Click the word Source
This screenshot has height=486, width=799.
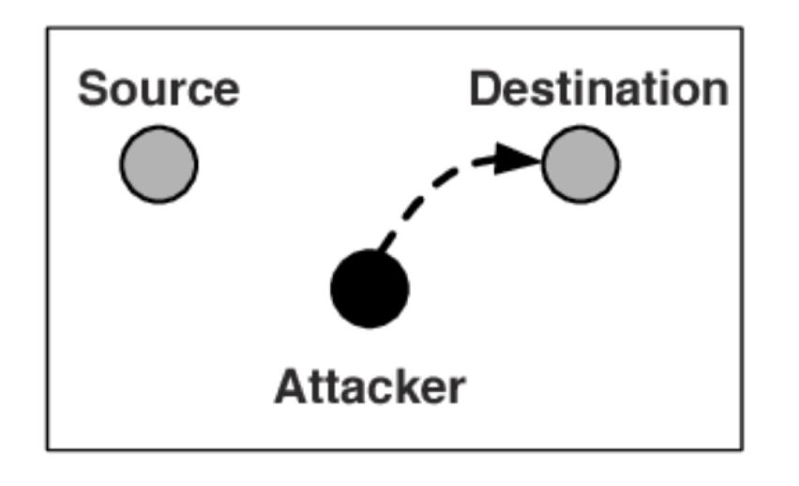point(158,89)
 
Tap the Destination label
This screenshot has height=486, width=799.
point(599,89)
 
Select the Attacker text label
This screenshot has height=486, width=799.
point(369,386)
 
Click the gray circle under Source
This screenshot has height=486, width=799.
point(158,164)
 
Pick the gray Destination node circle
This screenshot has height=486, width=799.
point(580,164)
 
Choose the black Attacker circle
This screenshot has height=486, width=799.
point(369,289)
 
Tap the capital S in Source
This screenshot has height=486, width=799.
point(92,89)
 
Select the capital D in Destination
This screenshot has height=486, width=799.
point(485,89)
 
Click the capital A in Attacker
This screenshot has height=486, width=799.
point(288,386)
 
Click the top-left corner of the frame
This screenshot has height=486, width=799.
point(48,27)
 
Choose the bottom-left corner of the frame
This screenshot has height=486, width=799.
point(48,448)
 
